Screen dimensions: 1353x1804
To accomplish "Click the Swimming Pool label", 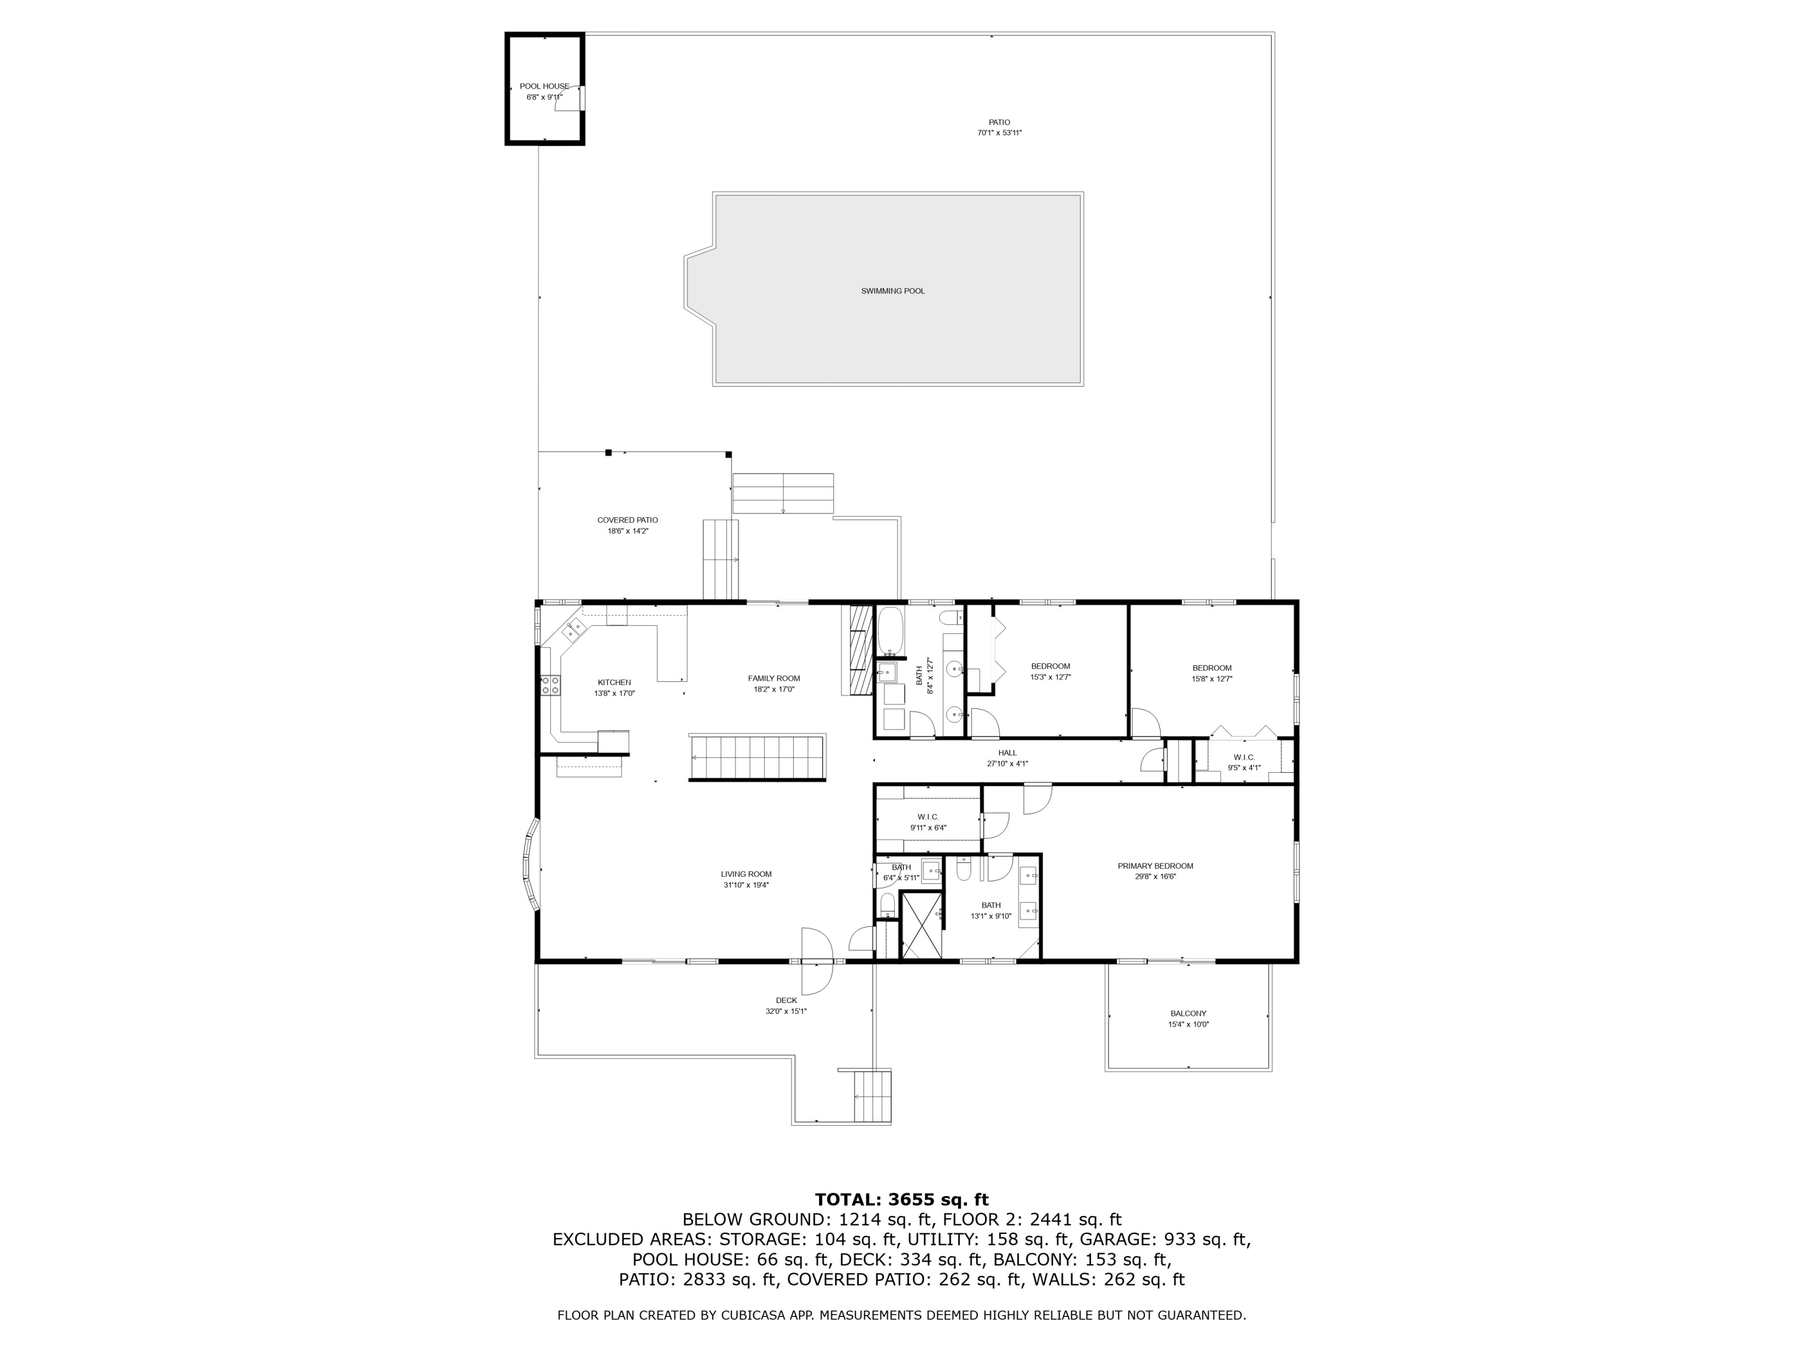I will tap(892, 291).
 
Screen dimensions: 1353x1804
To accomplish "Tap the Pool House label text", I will tap(544, 87).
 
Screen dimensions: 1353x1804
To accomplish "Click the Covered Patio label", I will tap(627, 520).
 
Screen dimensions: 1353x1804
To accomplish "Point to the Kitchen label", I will tap(614, 683).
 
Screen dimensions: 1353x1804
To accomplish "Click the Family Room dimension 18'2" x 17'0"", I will tap(774, 689).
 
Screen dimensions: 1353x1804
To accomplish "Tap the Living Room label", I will tap(746, 874).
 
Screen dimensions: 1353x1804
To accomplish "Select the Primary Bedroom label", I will tap(1155, 866).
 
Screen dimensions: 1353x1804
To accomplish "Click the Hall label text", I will tap(1007, 753).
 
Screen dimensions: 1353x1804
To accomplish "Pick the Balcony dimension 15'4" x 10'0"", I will tap(1188, 1024).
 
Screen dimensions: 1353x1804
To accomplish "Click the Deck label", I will tap(786, 1001).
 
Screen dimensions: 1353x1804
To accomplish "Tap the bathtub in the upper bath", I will tap(891, 632).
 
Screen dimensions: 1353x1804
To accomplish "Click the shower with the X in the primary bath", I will tap(923, 925).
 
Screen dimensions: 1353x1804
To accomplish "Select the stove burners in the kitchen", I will tap(550, 685).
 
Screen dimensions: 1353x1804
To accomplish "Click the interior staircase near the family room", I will tap(757, 758).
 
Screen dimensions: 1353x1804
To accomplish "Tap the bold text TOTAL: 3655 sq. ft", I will tap(901, 1200).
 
